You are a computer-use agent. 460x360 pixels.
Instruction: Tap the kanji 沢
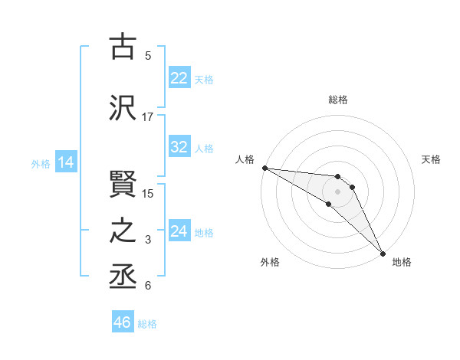pos(123,107)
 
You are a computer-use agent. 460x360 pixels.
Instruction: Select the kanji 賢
pos(123,182)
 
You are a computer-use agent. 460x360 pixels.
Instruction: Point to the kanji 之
pos(123,231)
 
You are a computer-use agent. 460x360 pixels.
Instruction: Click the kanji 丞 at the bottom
pos(123,277)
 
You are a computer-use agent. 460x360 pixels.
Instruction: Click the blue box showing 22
pos(179,77)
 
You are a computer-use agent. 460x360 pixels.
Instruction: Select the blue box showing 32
pos(179,147)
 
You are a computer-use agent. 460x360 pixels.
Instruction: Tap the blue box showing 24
pos(179,231)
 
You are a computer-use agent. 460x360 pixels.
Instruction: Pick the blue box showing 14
pos(65,162)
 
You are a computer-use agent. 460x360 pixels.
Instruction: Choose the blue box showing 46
pos(123,322)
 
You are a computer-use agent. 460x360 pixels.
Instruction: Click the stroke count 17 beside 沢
pos(148,117)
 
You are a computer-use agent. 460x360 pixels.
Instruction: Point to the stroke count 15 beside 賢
pos(148,193)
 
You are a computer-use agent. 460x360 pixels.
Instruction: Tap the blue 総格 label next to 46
pos(148,324)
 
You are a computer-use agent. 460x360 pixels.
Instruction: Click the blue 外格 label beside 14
pos(41,163)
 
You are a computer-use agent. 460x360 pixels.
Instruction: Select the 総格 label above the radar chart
pos(338,100)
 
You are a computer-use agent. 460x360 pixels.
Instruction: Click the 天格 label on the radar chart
pos(432,159)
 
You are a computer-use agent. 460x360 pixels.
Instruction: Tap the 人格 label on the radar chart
pos(245,159)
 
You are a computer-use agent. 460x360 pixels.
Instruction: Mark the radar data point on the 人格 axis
pos(264,168)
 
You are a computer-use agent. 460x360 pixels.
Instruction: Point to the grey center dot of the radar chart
pos(337,191)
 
